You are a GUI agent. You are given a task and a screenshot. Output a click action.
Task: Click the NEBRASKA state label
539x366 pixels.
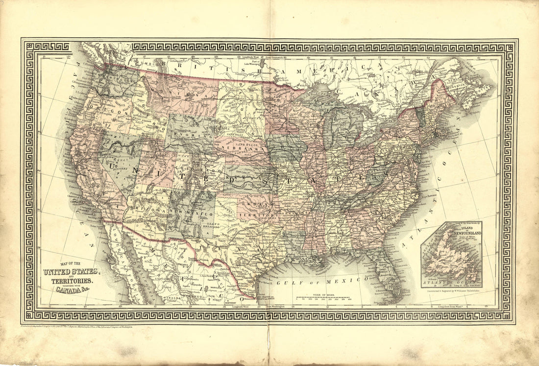234,147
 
